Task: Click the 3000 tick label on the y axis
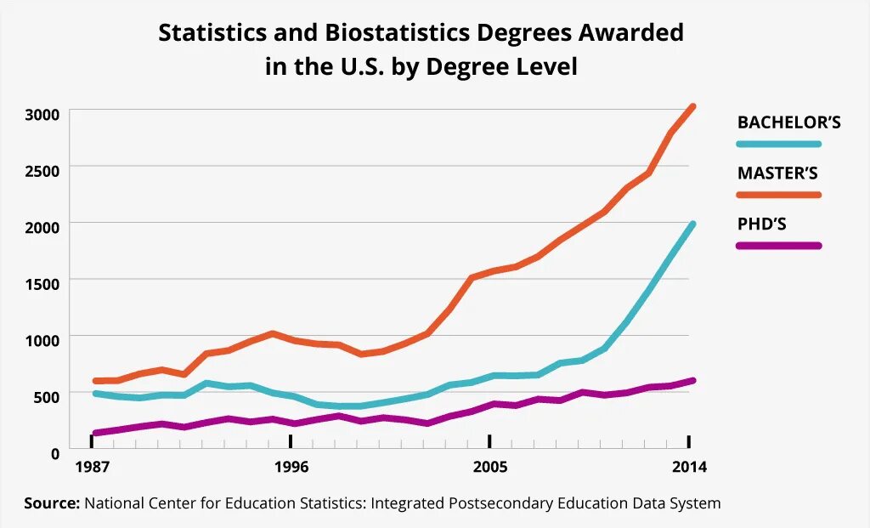[42, 115]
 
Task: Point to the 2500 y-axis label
[42, 171]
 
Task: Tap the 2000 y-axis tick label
[42, 227]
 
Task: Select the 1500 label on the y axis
[42, 283]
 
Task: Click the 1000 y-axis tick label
[42, 339]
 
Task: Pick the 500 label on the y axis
[46, 395]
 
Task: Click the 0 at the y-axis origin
[54, 451]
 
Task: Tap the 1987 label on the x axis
[92, 467]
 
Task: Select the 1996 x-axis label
[291, 467]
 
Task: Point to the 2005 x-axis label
[489, 467]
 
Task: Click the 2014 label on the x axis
[688, 467]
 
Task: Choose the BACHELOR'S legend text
[788, 122]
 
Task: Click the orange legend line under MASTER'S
[779, 195]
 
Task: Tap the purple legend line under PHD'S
[779, 246]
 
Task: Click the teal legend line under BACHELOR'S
[779, 145]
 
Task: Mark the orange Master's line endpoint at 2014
[692, 107]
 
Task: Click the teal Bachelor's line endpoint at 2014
[692, 224]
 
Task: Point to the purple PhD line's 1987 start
[93, 433]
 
